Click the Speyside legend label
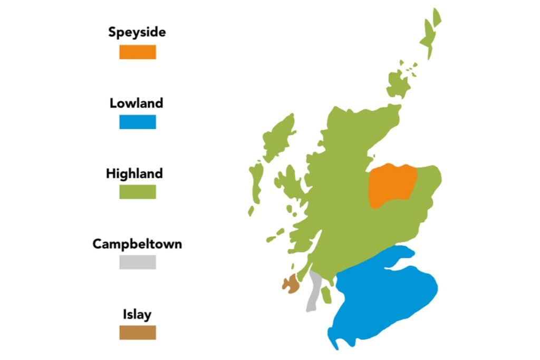(x=137, y=32)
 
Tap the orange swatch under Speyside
(x=137, y=52)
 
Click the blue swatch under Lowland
(x=137, y=122)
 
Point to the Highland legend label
(x=134, y=173)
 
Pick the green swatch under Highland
(x=137, y=192)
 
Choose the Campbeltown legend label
(x=137, y=244)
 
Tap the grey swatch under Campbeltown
(x=137, y=262)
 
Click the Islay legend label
(x=137, y=315)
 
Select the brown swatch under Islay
(x=137, y=333)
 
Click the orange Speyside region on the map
(x=392, y=185)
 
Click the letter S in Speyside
(x=113, y=32)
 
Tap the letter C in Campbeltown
(x=97, y=244)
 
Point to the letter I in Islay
(x=124, y=315)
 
